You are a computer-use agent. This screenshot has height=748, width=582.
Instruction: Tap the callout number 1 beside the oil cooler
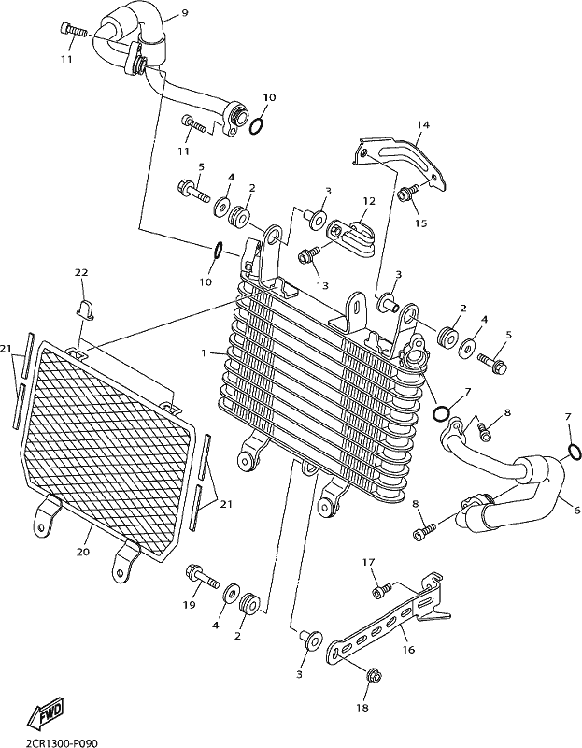[x=204, y=353]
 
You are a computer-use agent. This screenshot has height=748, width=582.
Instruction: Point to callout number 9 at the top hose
[x=184, y=13]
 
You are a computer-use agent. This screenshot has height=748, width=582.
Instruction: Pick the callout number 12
[x=369, y=201]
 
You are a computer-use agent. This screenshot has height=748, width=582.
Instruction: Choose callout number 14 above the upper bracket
[x=423, y=125]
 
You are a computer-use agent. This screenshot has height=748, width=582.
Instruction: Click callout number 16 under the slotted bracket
[x=408, y=649]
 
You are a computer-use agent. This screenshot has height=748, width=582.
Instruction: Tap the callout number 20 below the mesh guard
[x=83, y=552]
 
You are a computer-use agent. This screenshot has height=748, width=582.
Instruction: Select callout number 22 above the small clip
[x=81, y=272]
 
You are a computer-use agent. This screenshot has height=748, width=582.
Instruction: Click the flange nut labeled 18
[x=373, y=675]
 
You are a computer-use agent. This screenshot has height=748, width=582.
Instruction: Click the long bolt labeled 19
[x=202, y=576]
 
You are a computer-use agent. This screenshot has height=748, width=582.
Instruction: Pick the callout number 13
[x=322, y=286]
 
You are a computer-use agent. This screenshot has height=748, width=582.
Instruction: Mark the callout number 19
[x=189, y=605]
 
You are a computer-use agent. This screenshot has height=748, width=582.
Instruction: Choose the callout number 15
[x=421, y=223]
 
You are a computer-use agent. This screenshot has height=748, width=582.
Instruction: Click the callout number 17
[x=368, y=563]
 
